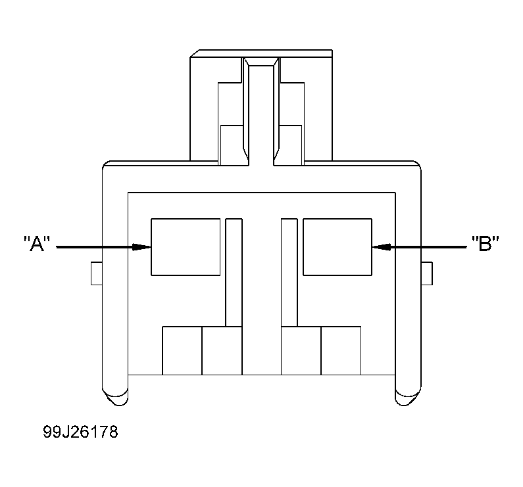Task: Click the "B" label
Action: coord(486,244)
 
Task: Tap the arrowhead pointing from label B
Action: coord(381,247)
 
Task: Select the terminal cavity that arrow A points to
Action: coord(186,246)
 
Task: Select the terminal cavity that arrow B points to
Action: coord(337,246)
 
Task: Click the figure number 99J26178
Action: coord(80,433)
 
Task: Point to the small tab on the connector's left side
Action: coord(96,273)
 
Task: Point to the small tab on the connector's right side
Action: coord(426,273)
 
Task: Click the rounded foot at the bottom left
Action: coord(114,396)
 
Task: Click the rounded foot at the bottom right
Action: coord(408,396)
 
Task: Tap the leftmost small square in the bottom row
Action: coord(182,350)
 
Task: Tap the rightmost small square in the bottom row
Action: coord(341,350)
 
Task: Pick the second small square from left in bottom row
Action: coord(222,350)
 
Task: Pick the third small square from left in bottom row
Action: coord(301,350)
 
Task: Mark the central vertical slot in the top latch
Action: coord(262,112)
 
